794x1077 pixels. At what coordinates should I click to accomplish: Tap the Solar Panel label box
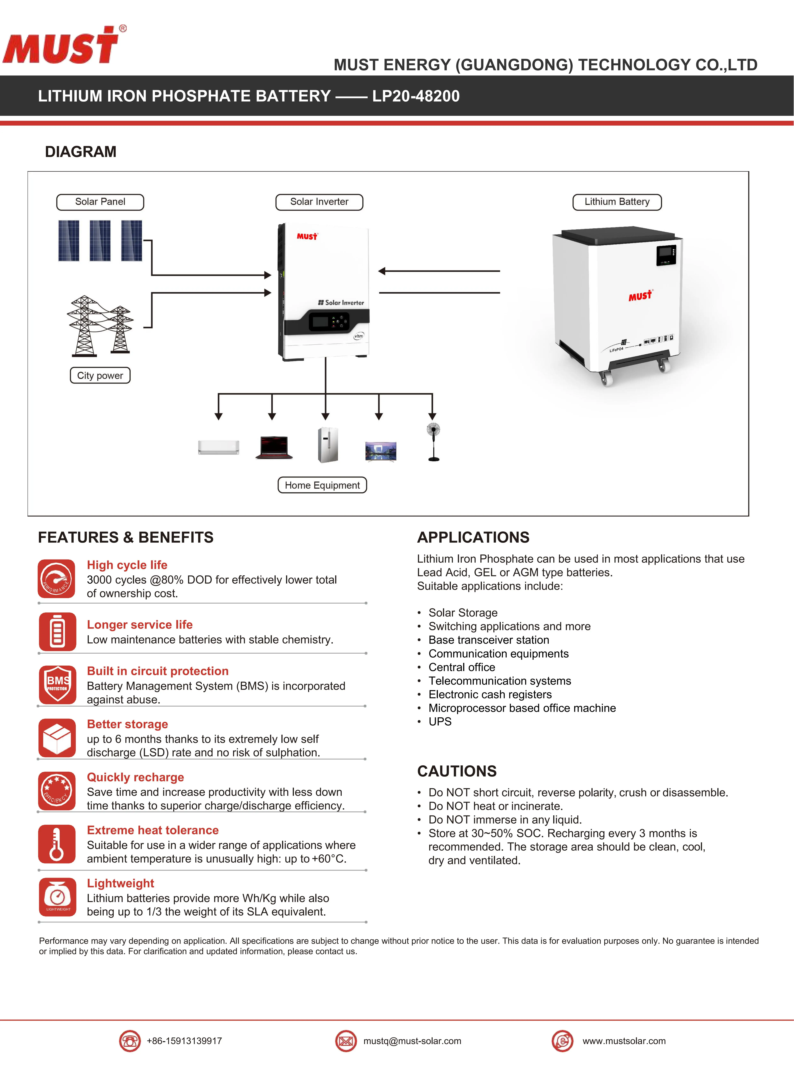(x=100, y=202)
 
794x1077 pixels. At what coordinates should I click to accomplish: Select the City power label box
(x=100, y=375)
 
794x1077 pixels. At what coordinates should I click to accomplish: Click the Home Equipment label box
(x=322, y=485)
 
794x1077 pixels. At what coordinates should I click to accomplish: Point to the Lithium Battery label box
(x=617, y=202)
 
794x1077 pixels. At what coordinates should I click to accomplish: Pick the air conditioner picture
(x=219, y=447)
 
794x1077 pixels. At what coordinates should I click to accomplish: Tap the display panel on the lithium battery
(x=666, y=255)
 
